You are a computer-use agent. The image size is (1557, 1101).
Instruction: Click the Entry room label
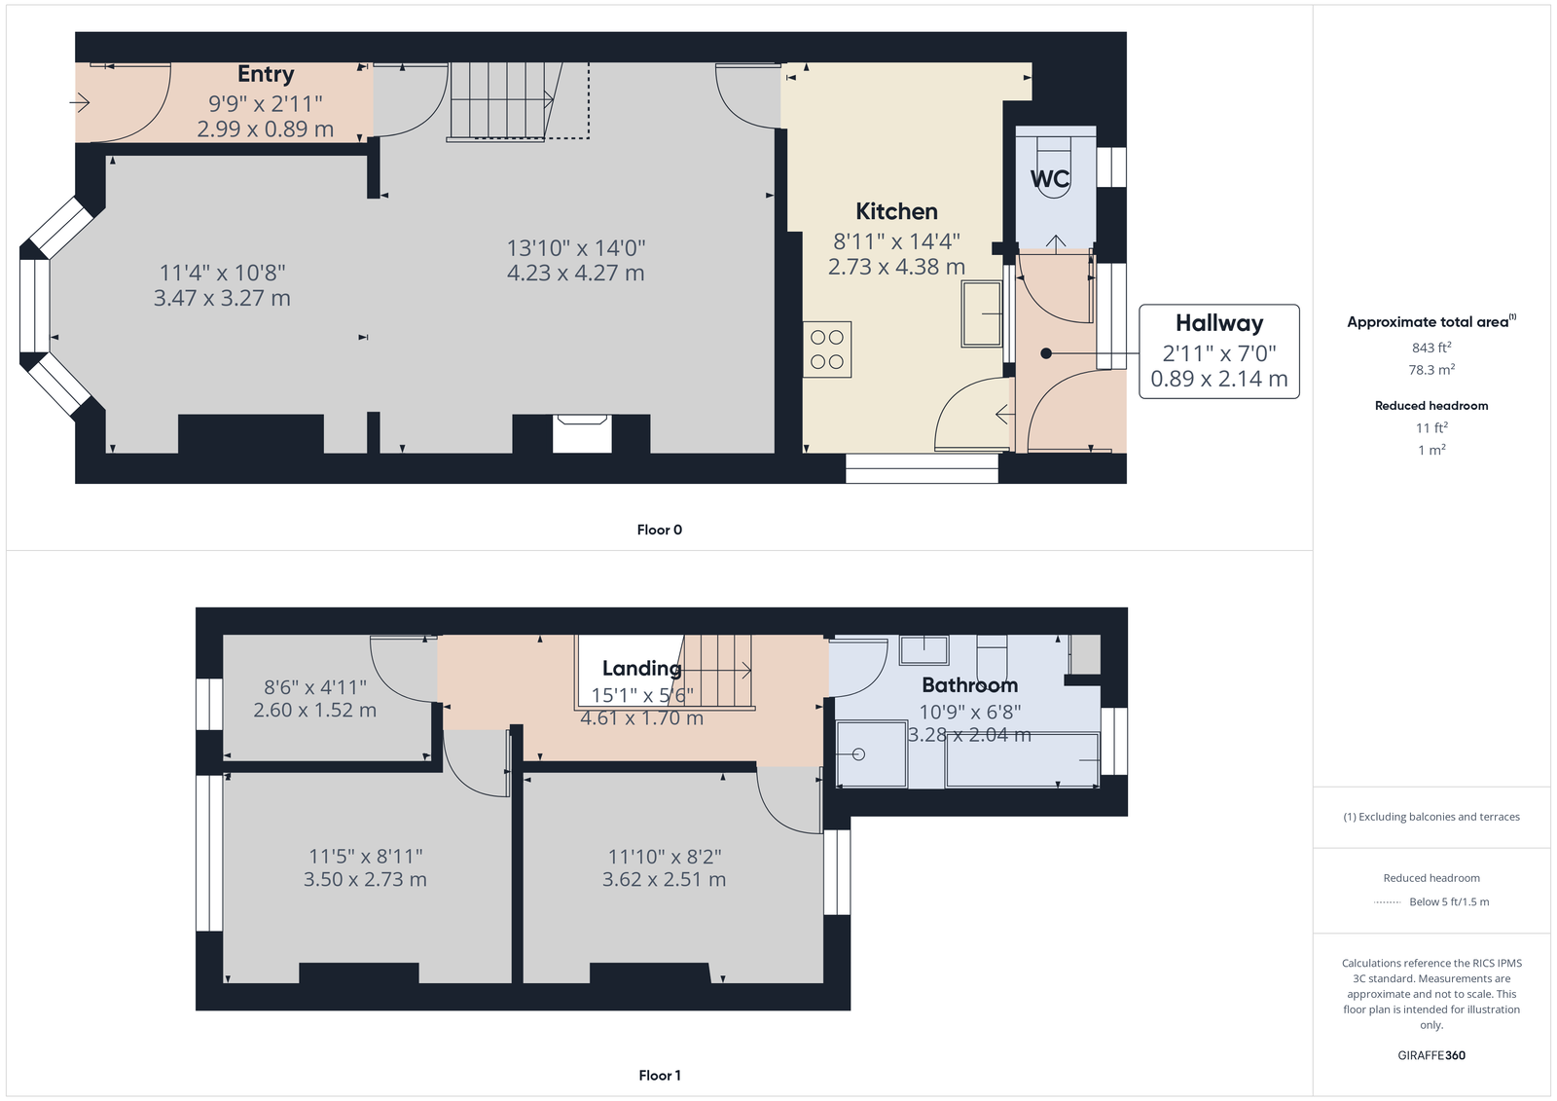point(266,74)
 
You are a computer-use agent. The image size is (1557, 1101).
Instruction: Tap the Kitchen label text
point(896,210)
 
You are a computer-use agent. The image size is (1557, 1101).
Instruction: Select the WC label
point(1050,179)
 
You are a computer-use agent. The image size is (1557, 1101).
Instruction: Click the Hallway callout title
point(1219,323)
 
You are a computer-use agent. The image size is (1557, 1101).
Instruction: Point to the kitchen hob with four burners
point(827,349)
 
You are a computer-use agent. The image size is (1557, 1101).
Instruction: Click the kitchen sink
point(982,313)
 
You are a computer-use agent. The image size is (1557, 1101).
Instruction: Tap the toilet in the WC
point(1055,166)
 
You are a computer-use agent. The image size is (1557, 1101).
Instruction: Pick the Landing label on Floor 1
point(641,669)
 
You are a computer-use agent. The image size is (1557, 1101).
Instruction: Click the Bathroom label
point(969,685)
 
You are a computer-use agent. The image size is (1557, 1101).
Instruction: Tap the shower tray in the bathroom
point(872,754)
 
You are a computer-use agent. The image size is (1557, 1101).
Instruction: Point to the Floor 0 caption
point(660,530)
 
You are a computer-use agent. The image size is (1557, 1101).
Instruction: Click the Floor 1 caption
point(660,1076)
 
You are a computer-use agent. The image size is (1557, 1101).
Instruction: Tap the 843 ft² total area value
point(1431,348)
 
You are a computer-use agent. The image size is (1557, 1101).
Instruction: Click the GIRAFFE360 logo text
point(1431,1055)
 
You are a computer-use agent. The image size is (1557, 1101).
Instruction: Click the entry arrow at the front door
point(80,103)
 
